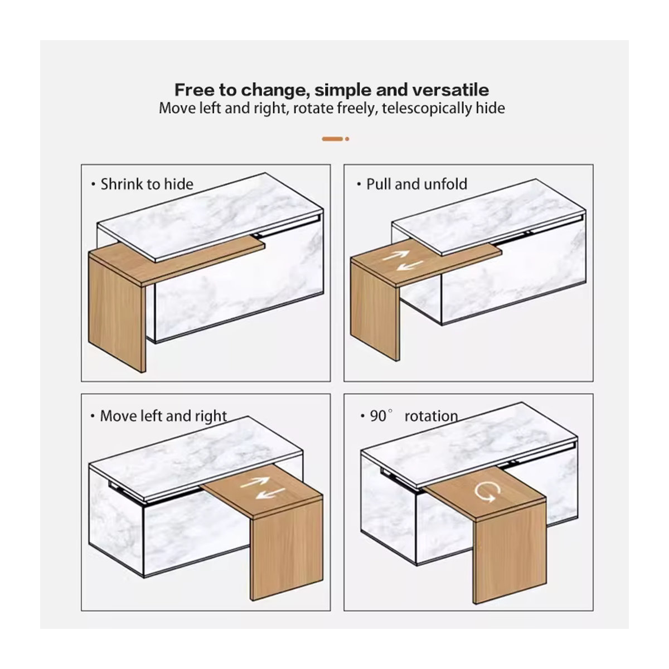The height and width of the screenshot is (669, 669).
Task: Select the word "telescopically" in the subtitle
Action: [x=426, y=109]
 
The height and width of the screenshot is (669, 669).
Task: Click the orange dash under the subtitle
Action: [x=332, y=139]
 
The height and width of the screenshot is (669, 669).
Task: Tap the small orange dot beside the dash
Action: [x=347, y=139]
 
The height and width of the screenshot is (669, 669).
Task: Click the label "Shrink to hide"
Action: [x=147, y=184]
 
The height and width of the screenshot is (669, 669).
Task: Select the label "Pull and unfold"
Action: [x=416, y=184]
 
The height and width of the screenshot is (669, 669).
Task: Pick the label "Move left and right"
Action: [x=163, y=416]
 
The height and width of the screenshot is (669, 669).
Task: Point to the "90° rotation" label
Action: [x=414, y=416]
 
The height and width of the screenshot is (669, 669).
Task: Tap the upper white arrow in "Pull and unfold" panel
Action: [x=395, y=256]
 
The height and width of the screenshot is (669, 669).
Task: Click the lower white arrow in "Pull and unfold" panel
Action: [x=410, y=265]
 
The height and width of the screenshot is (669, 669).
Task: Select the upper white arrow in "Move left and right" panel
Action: [x=255, y=483]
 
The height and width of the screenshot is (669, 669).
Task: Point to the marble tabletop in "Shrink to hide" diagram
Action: [x=210, y=217]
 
